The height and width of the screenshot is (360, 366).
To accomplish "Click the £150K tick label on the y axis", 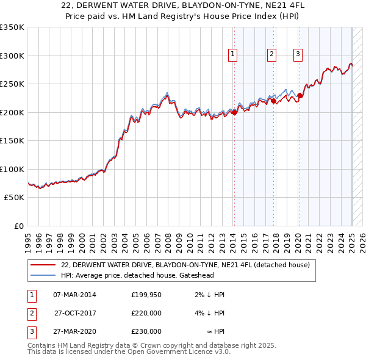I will [x=12, y=140].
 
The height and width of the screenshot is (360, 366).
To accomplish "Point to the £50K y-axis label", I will [x=14, y=197].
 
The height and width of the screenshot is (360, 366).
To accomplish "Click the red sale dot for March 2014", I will [x=235, y=112].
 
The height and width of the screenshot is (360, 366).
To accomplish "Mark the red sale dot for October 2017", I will [x=274, y=101].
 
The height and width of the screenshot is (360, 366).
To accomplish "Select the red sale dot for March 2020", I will [x=300, y=95].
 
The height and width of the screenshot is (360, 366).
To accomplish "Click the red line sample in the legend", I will [x=43, y=265].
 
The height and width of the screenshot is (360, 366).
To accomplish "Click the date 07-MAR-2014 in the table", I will [x=74, y=295].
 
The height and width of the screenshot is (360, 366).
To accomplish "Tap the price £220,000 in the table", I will [x=146, y=313].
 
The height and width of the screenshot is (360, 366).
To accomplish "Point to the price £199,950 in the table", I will [x=146, y=295].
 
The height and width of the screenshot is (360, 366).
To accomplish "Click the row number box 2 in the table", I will [x=30, y=313].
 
